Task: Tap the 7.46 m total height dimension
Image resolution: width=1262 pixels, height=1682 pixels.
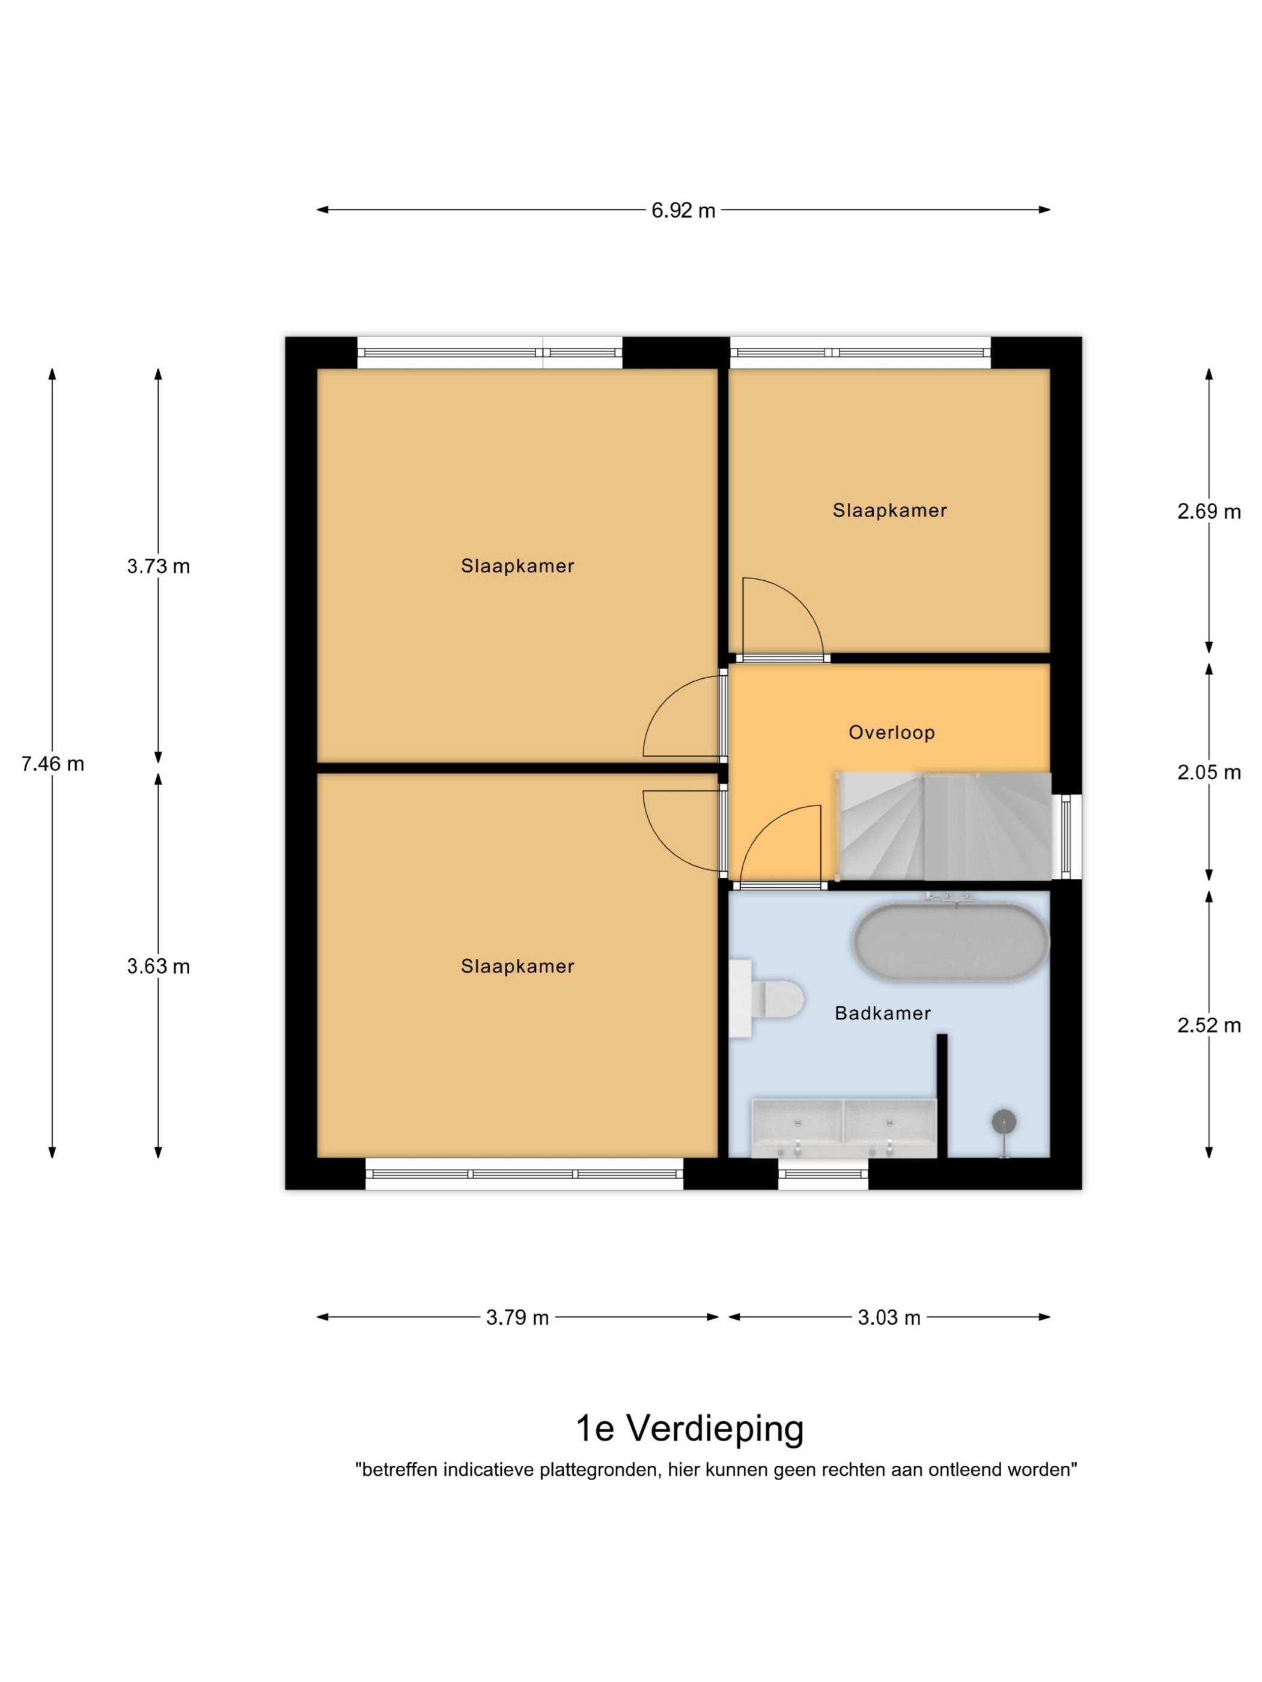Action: pyautogui.click(x=52, y=764)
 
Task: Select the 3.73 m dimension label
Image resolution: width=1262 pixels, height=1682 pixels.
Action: pyautogui.click(x=158, y=566)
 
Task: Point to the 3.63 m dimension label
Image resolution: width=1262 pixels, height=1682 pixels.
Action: pyautogui.click(x=158, y=967)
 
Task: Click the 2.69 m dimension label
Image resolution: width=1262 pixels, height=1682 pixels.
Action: pyautogui.click(x=1209, y=512)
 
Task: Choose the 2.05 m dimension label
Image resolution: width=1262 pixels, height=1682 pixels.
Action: pyautogui.click(x=1209, y=773)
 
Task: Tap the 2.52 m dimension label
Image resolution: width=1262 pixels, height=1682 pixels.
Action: pyautogui.click(x=1209, y=1026)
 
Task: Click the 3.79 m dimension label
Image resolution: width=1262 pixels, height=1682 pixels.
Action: pyautogui.click(x=517, y=1318)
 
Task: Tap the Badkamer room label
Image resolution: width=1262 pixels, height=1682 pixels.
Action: pyautogui.click(x=882, y=1013)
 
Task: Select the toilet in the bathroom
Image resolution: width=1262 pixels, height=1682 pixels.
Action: pyautogui.click(x=766, y=998)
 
